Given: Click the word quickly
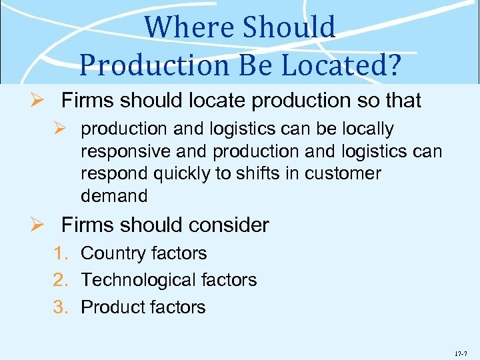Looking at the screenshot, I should [x=181, y=174].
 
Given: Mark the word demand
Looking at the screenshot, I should [x=113, y=196].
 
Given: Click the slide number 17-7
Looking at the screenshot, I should [x=461, y=349].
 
